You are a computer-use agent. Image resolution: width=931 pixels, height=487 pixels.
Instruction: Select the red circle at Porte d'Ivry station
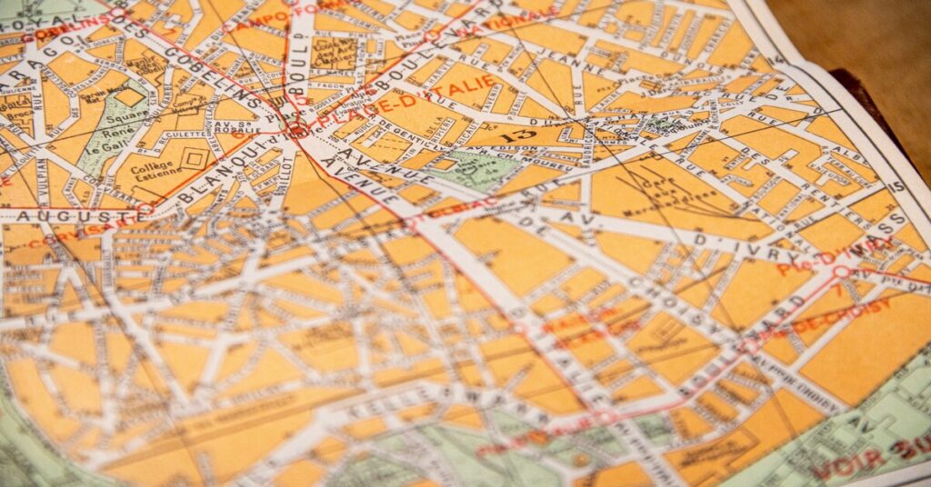(x=841, y=271)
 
